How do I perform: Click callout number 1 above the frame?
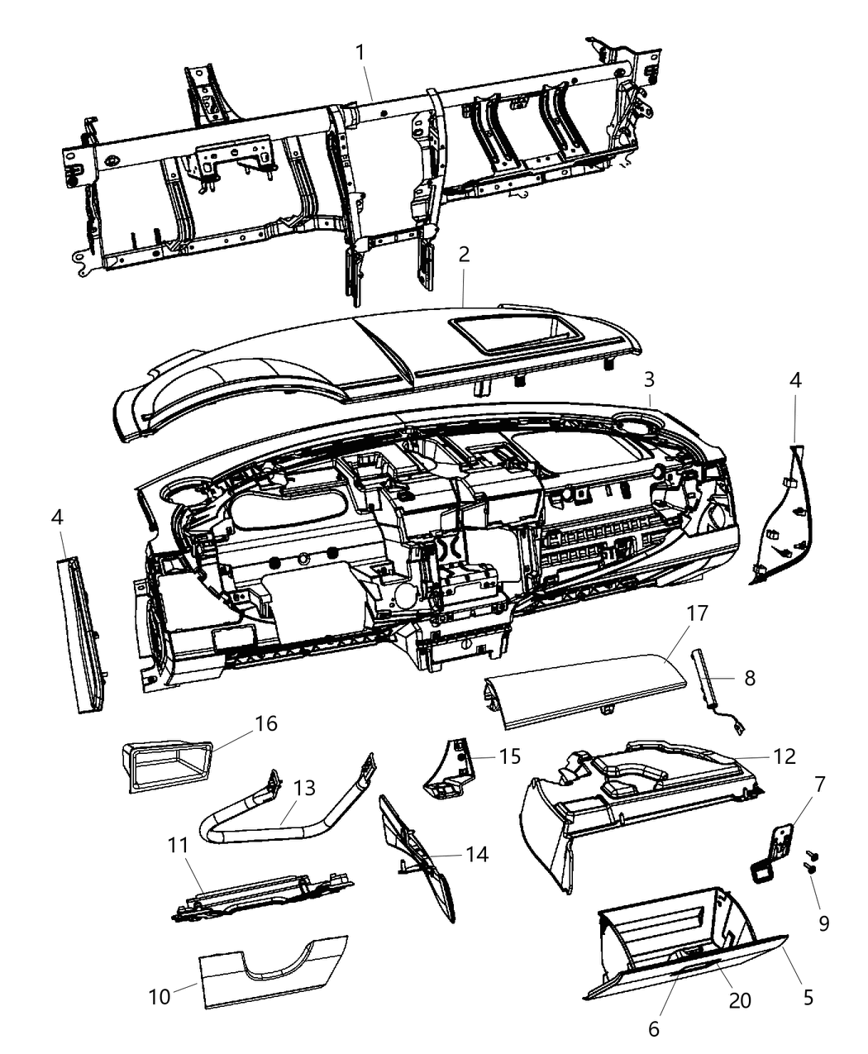click(360, 51)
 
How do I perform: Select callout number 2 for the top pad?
click(464, 254)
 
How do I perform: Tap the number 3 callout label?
click(650, 379)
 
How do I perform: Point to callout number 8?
click(749, 679)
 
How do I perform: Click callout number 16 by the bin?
click(266, 723)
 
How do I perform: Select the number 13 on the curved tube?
click(304, 788)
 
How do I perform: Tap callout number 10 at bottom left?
click(160, 996)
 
